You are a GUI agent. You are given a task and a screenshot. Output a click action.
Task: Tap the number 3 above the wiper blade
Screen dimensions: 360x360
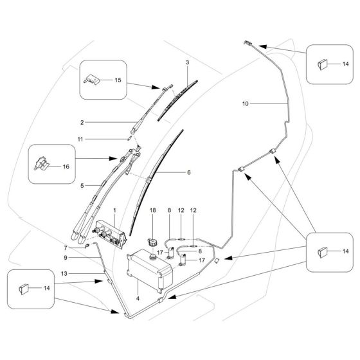pos(187,62)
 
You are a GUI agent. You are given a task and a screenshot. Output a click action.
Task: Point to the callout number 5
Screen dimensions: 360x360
pos(82,185)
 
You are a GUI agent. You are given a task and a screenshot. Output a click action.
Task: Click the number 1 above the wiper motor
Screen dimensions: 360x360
pos(115,211)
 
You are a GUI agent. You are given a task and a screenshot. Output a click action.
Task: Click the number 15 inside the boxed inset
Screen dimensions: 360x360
pos(117,80)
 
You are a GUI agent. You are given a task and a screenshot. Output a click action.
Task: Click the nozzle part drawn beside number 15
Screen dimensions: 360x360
pos(91,79)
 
